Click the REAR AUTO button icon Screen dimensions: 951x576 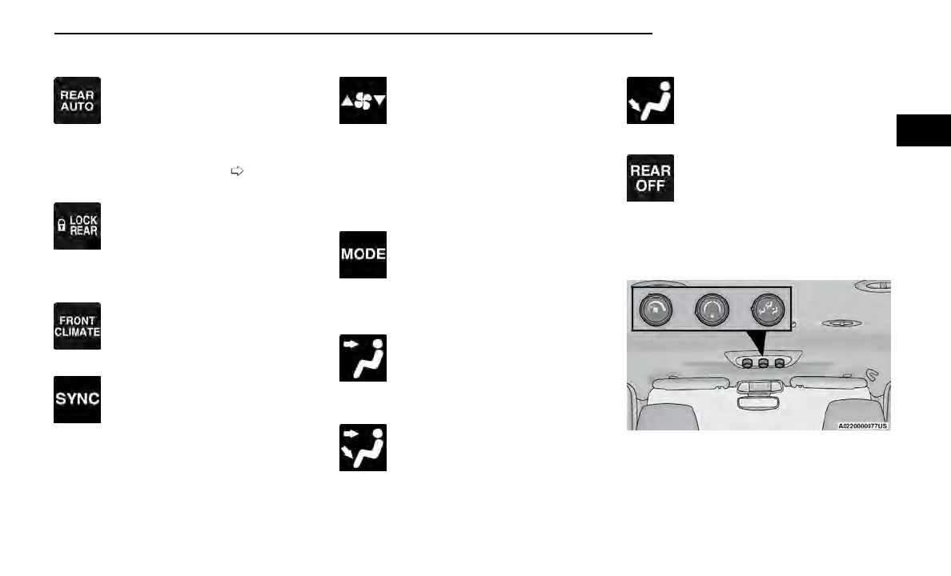coord(77,100)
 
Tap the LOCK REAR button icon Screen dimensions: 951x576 coord(77,226)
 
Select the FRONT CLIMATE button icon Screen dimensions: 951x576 coord(77,326)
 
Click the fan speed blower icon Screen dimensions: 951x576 coord(363,100)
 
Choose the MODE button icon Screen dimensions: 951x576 coord(363,254)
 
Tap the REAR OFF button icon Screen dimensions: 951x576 coord(650,178)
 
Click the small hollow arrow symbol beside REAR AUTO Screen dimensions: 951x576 coord(236,170)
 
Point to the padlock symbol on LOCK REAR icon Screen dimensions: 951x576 coord(60,226)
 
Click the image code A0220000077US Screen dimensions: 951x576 coord(862,426)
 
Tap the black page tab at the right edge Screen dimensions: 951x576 coord(923,130)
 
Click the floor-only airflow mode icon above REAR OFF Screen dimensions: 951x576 coord(650,100)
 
